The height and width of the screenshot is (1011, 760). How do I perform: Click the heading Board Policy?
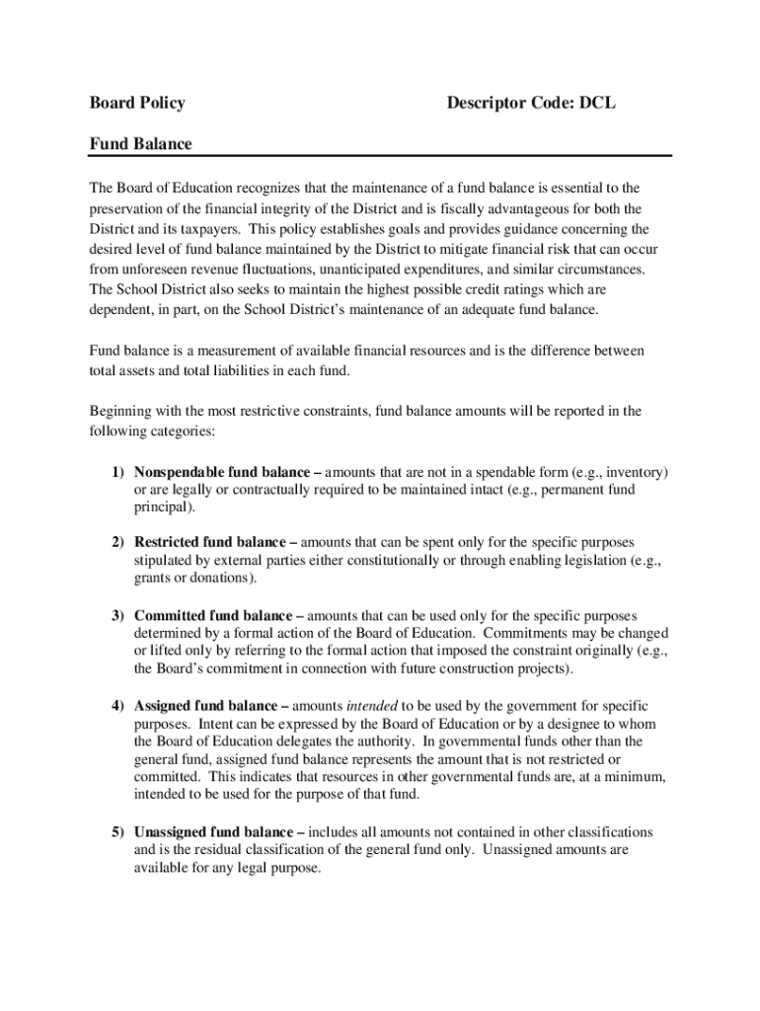(137, 103)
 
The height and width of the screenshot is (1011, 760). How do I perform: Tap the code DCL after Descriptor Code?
(597, 103)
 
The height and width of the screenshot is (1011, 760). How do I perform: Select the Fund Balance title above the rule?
(140, 144)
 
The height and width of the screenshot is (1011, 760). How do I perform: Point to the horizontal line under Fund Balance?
(380, 156)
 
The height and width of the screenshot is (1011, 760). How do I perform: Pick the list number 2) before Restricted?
(116, 542)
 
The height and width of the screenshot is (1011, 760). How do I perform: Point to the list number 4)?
(116, 706)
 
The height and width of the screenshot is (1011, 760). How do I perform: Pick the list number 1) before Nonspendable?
(116, 472)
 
